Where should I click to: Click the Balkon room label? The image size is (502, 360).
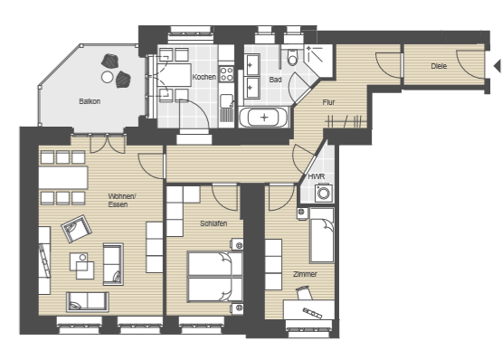90,101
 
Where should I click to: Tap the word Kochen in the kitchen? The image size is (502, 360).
204,77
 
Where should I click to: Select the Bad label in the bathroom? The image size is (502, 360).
275,80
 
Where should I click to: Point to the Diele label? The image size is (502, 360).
439,66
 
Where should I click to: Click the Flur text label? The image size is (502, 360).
328,102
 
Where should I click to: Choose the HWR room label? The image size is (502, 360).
317,176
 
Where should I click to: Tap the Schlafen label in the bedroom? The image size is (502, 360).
213,223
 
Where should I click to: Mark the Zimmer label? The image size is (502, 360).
305,274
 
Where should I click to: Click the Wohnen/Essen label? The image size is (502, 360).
122,200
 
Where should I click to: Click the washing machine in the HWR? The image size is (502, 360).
324,193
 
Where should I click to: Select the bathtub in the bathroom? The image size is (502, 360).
264,118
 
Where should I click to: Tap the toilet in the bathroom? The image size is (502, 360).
292,58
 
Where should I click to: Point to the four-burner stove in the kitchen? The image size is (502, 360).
226,73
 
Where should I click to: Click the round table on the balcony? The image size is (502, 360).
108,77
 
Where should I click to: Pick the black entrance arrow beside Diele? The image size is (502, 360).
497,66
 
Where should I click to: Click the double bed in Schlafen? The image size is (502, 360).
215,277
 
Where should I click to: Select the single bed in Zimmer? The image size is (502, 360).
322,235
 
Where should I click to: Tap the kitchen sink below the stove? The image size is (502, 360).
227,100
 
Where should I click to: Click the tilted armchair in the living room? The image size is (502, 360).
77,228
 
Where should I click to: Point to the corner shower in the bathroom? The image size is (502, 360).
318,61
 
